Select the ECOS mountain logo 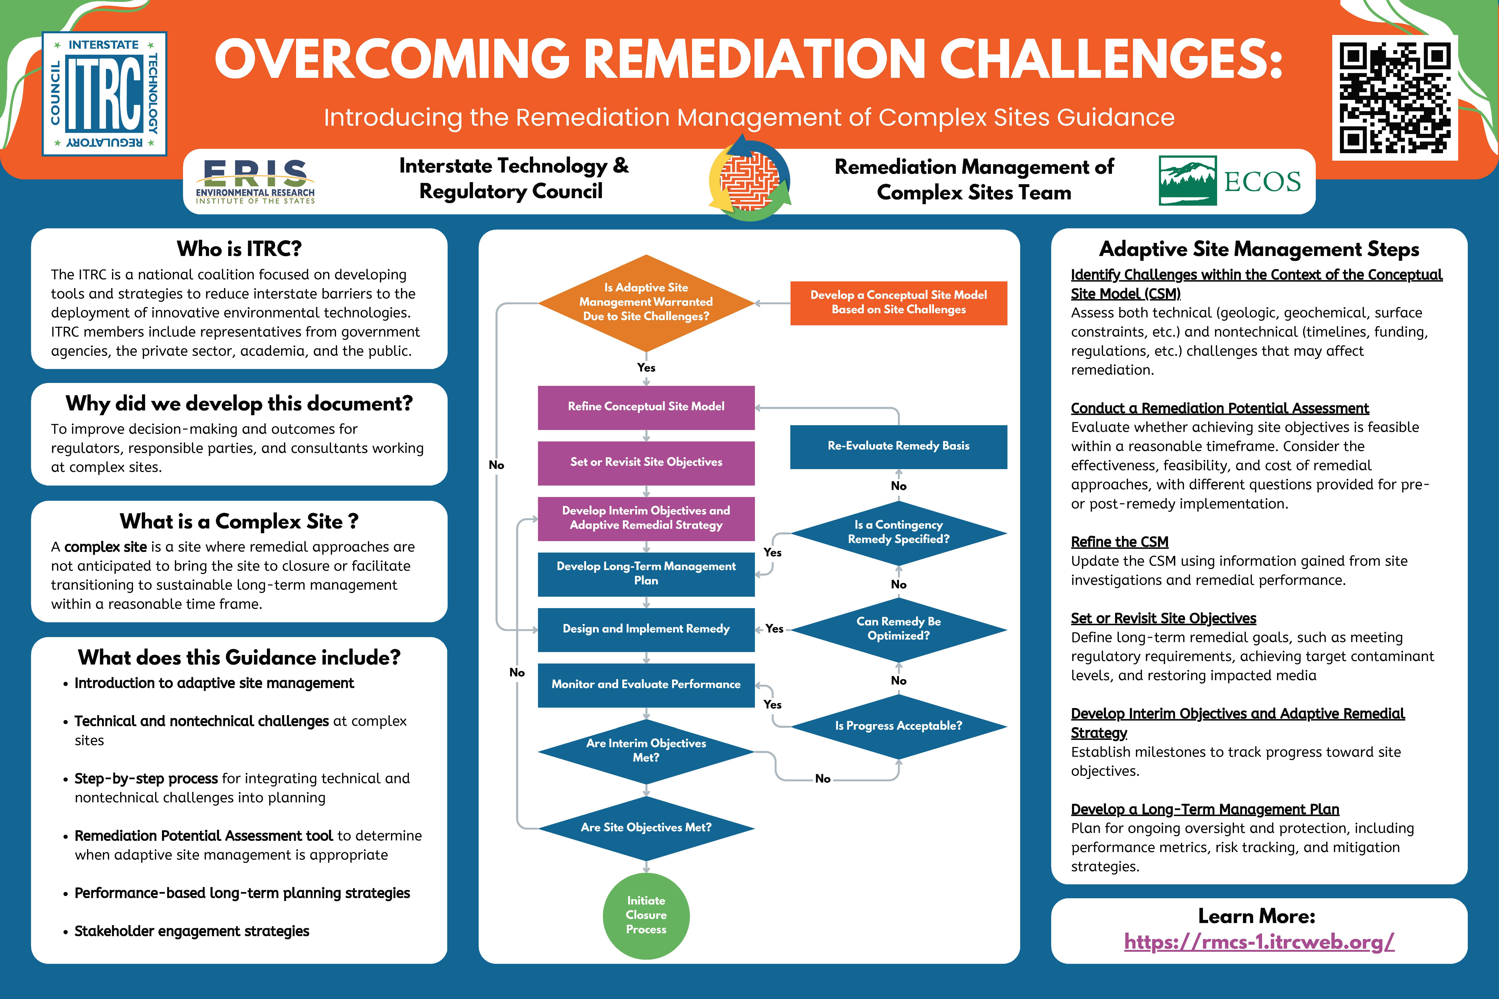tap(1187, 180)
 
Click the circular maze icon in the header tap(749, 181)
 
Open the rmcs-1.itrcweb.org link tap(1259, 942)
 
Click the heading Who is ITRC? tap(239, 249)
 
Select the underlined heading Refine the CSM tap(1119, 542)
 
